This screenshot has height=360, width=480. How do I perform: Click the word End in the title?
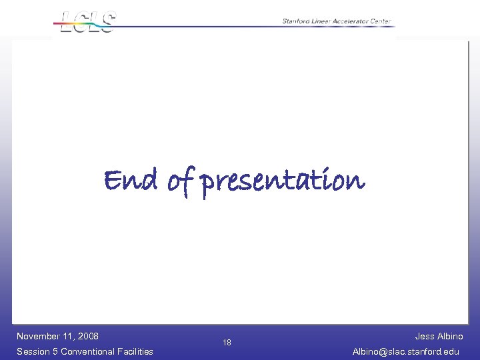[131, 180]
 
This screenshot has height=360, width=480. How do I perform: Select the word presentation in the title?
[283, 181]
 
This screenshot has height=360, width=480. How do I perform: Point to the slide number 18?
[227, 343]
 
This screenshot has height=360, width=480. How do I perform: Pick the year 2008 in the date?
[87, 336]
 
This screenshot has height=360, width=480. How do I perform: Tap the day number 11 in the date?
[68, 336]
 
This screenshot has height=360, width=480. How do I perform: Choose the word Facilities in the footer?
[135, 351]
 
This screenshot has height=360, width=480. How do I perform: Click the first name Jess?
[425, 336]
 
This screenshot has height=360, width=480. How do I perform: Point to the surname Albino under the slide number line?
[450, 336]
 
